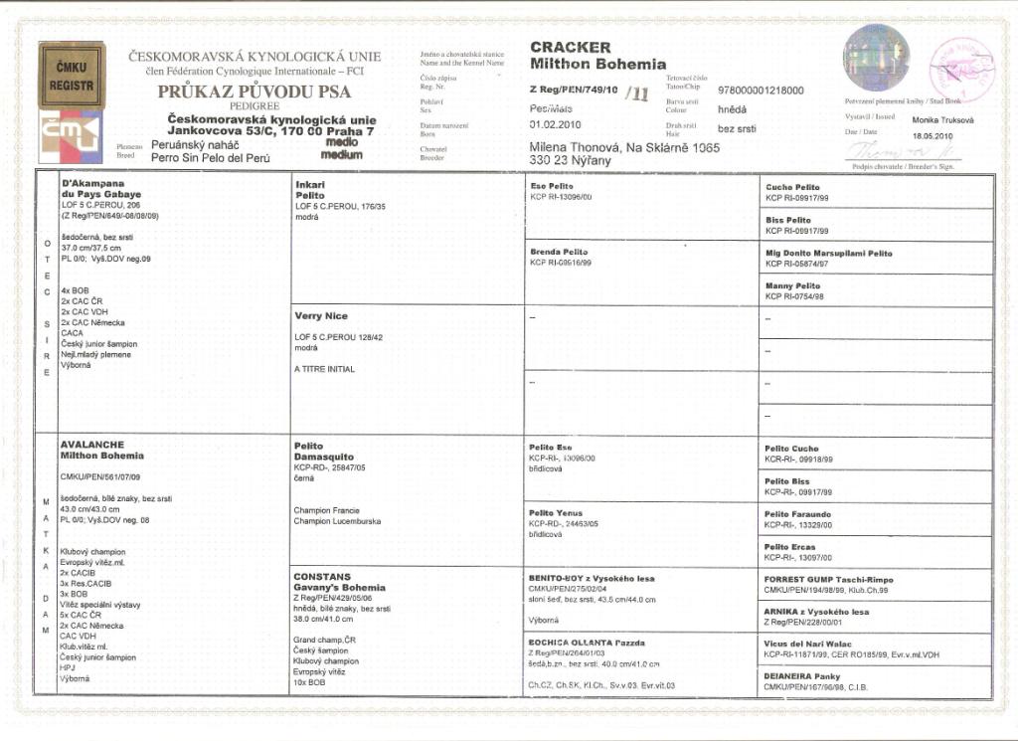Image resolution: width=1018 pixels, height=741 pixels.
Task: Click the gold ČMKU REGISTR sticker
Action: [71, 76]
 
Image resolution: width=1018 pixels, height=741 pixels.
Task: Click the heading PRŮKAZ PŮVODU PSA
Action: [254, 92]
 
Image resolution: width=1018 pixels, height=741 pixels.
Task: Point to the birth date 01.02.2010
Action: [555, 124]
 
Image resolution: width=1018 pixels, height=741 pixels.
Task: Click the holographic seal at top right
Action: [875, 57]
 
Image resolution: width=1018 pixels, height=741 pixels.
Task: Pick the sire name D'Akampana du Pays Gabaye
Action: [101, 189]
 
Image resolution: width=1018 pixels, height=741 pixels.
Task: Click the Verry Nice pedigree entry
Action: [322, 316]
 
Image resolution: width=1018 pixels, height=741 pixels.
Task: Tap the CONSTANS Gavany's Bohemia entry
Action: [338, 582]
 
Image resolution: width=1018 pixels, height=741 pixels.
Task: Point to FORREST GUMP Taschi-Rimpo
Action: [828, 579]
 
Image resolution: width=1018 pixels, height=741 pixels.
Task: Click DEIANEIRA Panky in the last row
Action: [801, 675]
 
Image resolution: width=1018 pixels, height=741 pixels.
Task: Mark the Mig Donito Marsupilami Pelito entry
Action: [828, 253]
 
